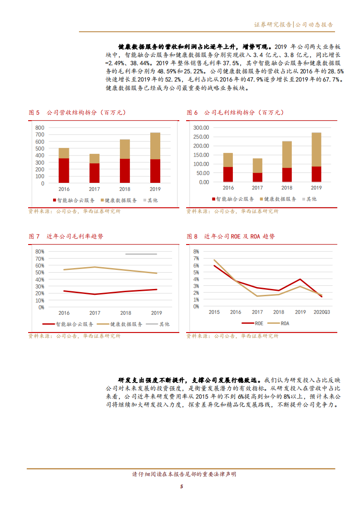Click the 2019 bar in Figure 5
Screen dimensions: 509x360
pos(156,159)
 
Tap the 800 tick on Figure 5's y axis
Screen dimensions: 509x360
pos(39,127)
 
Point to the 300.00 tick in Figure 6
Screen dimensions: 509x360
pos(200,128)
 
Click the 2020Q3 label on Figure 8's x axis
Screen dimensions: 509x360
pos(322,312)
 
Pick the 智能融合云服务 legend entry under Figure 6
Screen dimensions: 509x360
pos(232,199)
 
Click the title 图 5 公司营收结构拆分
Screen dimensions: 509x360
pos(77,113)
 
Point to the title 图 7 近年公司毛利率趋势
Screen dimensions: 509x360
pos(66,236)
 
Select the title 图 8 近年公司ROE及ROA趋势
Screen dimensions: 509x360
pos(231,236)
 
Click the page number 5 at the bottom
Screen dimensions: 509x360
pos(181,487)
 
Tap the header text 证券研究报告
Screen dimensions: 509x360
pos(273,24)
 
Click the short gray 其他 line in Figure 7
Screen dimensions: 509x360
pos(141,254)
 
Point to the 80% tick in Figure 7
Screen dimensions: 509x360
pos(39,251)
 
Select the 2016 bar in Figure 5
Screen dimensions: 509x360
pos(64,165)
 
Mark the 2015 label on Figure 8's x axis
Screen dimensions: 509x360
pos(214,312)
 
